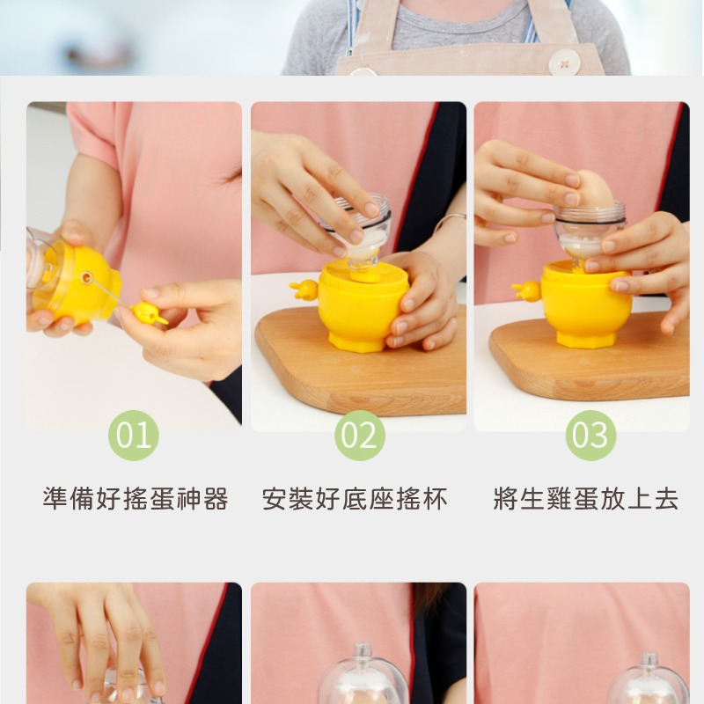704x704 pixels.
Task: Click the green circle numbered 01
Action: point(133,436)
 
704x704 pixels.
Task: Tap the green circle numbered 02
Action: point(359,436)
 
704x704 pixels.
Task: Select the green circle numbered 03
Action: point(590,436)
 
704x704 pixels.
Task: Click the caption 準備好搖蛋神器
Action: point(136,500)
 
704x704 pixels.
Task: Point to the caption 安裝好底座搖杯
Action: point(355,500)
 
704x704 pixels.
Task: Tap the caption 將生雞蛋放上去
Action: point(586,500)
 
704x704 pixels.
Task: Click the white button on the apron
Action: point(564,62)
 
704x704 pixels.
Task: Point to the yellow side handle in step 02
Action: point(304,289)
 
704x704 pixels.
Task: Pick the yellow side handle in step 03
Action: point(528,290)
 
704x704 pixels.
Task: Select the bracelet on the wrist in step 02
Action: point(448,220)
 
